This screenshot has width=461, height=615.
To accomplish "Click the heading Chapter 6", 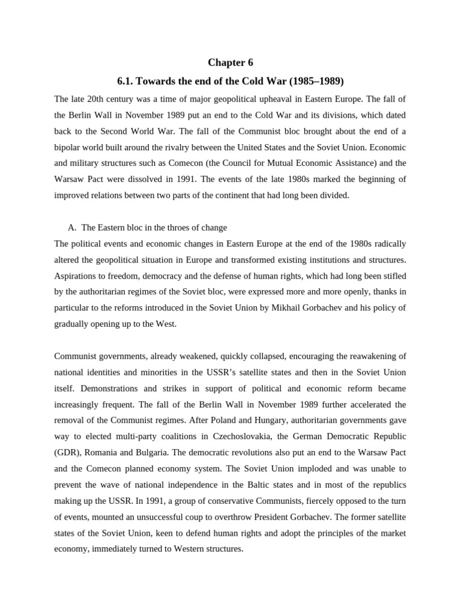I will [x=226, y=62].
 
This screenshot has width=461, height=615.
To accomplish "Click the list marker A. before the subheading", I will [x=73, y=228].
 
